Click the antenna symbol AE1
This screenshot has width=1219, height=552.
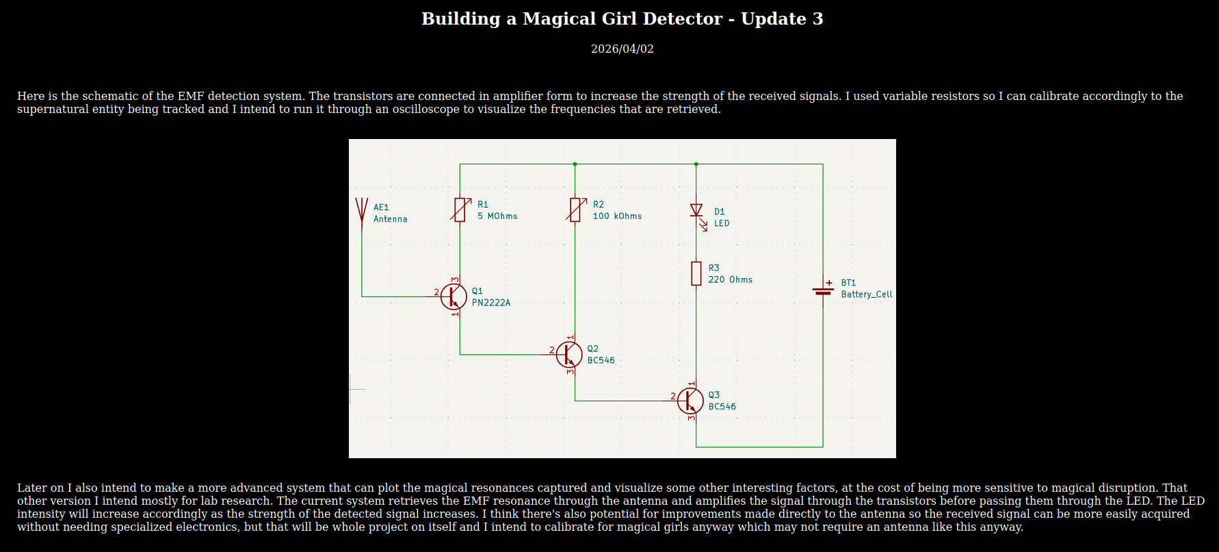362,212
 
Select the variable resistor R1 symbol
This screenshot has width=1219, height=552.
460,210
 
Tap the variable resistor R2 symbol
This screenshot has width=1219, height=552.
575,210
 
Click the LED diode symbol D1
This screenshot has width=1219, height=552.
696,211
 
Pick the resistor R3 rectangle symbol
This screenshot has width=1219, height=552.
696,273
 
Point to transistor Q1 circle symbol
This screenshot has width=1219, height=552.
454,297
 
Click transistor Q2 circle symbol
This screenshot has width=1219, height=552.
569,354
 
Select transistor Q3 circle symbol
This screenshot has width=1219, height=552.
690,401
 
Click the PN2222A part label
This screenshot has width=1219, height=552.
490,303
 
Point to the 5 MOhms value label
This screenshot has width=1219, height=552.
497,216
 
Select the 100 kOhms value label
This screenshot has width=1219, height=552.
617,216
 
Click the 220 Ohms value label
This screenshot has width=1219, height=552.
730,280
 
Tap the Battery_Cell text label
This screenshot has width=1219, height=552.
866,294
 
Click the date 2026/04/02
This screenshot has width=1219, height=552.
622,49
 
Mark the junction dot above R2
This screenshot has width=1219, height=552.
575,164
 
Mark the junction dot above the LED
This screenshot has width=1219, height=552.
696,164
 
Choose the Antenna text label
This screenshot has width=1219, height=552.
390,219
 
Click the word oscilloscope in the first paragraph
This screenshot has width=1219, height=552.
432,110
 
